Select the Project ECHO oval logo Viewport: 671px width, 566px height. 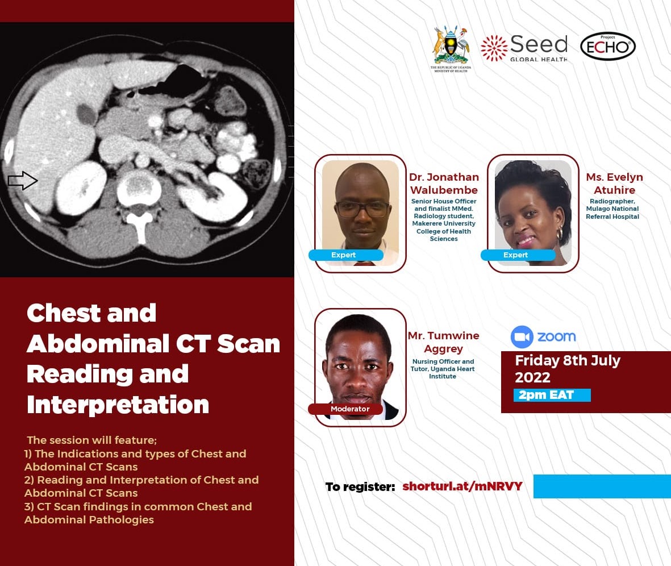pos(607,47)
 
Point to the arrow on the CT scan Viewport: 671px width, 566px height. pos(23,181)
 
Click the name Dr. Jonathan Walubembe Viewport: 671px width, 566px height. pos(444,184)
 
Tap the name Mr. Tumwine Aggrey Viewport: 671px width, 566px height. pos(443,342)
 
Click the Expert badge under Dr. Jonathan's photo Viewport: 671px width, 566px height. pos(344,255)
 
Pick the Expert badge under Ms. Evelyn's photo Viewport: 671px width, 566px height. pos(516,255)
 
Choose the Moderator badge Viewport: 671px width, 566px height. pos(350,409)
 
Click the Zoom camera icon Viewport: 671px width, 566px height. pos(522,337)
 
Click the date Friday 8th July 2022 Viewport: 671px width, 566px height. pos(567,369)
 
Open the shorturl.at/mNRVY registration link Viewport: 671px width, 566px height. pos(462,486)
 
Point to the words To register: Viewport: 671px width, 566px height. pos(360,487)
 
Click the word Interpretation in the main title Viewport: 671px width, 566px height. pos(118,405)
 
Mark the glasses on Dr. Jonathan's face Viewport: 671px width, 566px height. pos(362,210)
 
